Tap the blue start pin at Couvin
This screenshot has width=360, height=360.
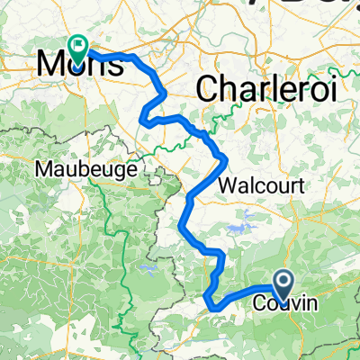click(283, 285)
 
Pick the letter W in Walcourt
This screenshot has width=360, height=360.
click(226, 187)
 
